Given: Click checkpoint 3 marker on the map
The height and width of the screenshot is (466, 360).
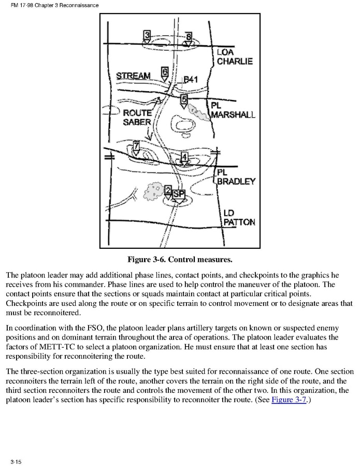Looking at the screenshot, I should point(147,35).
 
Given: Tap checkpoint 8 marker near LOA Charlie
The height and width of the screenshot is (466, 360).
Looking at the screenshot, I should point(189,37).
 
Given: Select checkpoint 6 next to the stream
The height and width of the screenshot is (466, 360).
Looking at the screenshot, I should point(165,72).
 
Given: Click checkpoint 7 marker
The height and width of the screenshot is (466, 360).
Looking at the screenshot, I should point(136,146).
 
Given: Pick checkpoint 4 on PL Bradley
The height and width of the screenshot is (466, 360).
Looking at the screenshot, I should point(184,157).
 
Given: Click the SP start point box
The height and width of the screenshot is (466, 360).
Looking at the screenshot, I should point(178,194).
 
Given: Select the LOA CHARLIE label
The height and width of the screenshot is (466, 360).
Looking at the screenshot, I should point(235,57).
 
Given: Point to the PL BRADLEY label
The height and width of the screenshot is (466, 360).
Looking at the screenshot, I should point(236,177).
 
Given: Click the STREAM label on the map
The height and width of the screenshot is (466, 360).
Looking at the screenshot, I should point(133,76).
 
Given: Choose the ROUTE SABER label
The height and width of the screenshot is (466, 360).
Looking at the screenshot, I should point(137,118).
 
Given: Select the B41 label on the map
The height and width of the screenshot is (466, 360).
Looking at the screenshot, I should point(191,79).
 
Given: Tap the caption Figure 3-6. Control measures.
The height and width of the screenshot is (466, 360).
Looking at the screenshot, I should point(180,259).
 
